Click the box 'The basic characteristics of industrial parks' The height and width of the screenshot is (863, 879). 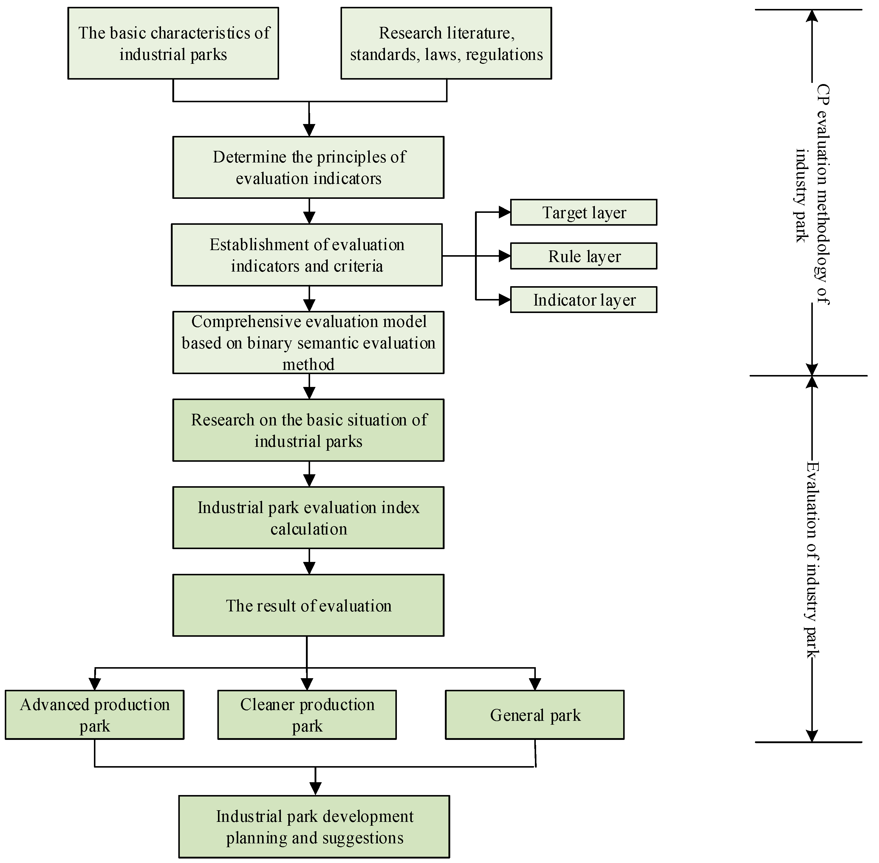click(173, 44)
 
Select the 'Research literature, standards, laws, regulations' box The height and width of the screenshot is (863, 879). click(446, 44)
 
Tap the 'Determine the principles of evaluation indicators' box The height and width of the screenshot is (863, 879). click(308, 167)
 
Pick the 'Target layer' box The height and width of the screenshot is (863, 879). click(584, 213)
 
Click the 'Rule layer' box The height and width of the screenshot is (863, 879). click(584, 256)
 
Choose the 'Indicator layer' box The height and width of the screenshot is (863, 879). click(584, 300)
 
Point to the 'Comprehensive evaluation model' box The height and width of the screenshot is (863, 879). click(308, 343)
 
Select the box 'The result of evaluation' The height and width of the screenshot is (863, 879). click(308, 605)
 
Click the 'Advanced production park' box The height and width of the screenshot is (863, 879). click(95, 715)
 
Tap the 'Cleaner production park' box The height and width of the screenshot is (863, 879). click(307, 715)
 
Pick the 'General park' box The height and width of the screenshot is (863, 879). click(535, 715)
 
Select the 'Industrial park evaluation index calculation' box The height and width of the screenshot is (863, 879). click(308, 518)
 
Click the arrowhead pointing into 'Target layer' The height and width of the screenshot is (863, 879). click(505, 212)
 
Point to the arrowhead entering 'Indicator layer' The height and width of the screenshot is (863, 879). click(505, 300)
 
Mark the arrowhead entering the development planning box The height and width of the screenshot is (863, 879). click(315, 789)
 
